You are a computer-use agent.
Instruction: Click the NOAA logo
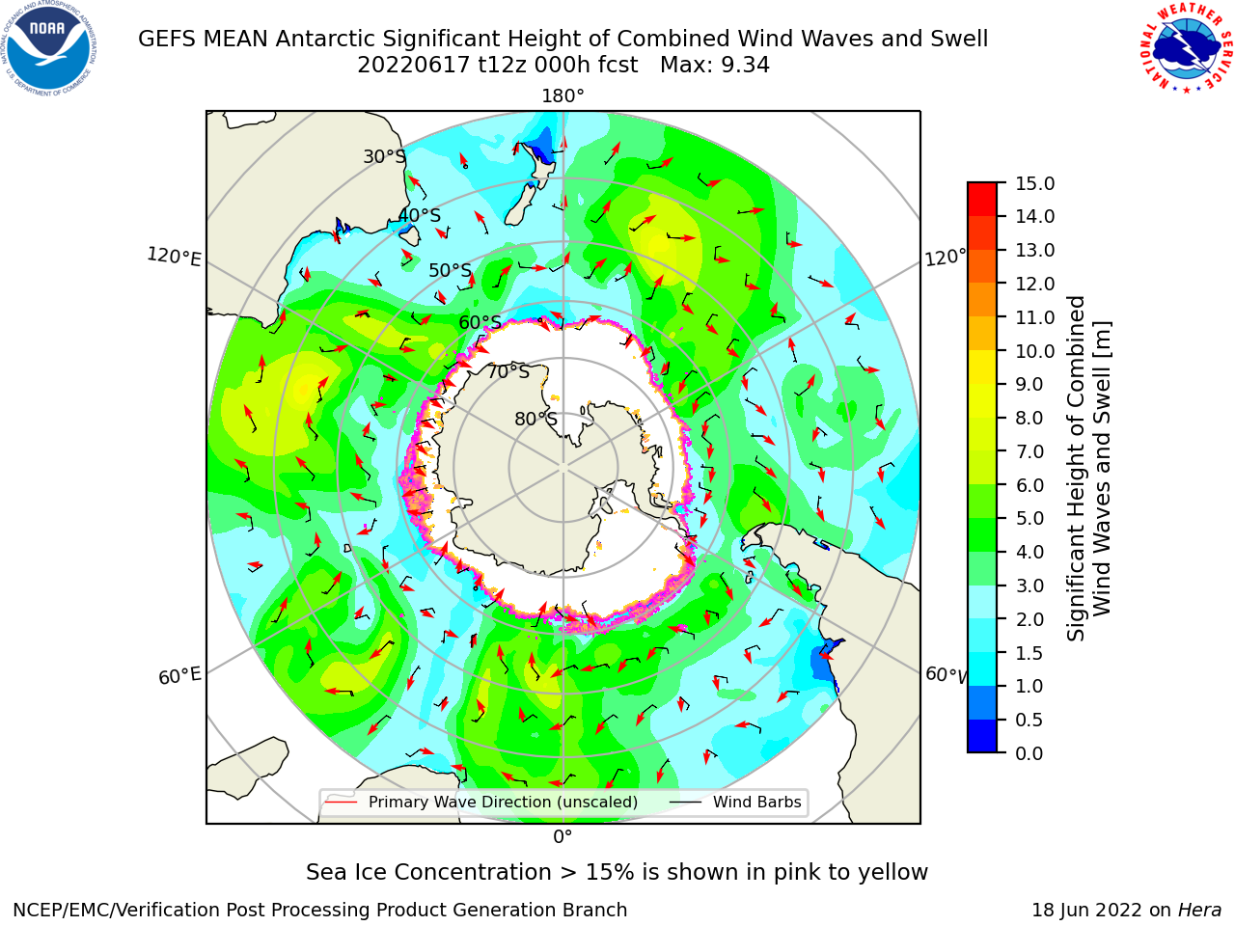49,48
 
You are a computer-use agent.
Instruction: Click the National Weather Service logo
1184,47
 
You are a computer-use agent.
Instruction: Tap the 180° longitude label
563,96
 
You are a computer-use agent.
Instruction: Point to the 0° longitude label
563,837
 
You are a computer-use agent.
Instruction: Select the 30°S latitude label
384,156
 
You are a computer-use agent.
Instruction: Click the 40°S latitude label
420,215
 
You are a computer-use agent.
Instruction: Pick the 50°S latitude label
451,270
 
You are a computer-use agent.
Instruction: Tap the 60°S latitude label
480,322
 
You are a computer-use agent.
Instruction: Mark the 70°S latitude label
508,371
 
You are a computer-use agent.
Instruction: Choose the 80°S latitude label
535,419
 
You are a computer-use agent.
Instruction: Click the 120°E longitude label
174,257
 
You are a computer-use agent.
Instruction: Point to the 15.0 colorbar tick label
1035,183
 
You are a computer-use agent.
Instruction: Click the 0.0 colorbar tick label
1029,753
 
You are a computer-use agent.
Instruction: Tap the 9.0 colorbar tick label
1029,385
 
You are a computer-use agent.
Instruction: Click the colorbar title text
1088,469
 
